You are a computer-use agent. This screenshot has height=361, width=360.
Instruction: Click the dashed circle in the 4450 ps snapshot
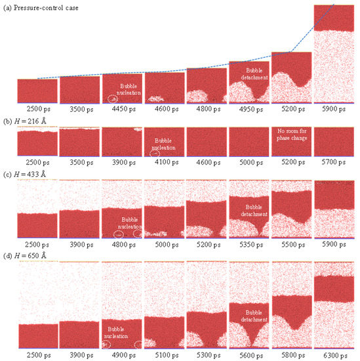pyautogui.click(x=113, y=99)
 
